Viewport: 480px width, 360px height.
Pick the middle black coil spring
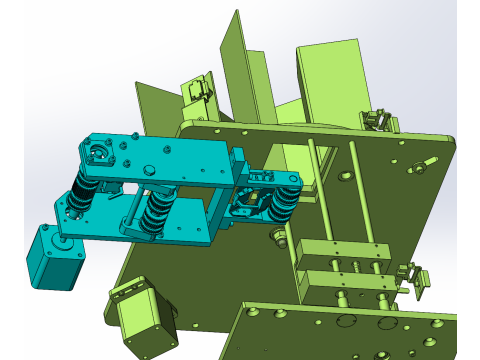click(x=156, y=212)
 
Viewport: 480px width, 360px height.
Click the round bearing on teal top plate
click(x=97, y=154)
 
